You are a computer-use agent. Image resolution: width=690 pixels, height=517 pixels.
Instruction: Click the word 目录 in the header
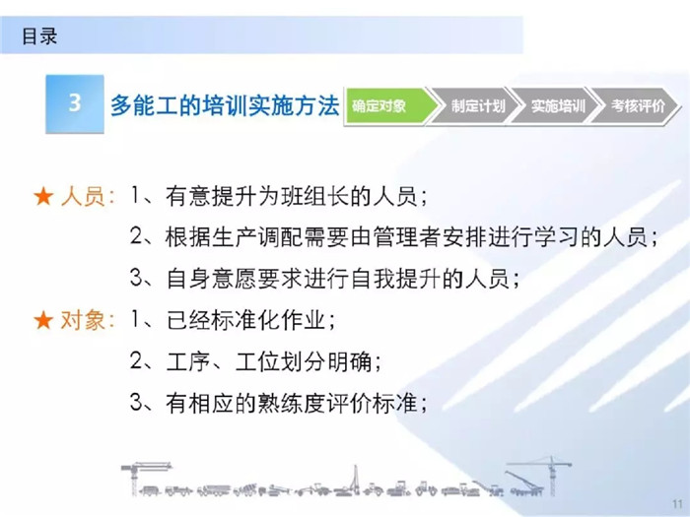click(x=39, y=36)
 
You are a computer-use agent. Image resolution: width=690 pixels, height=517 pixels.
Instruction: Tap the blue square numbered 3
click(x=75, y=103)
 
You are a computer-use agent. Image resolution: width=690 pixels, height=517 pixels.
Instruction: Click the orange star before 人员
click(x=43, y=196)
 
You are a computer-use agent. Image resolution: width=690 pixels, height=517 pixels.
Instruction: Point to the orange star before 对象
click(x=43, y=320)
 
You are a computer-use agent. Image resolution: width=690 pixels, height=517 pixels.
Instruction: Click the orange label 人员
click(x=83, y=196)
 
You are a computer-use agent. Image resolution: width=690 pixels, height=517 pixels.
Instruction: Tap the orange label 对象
click(x=83, y=320)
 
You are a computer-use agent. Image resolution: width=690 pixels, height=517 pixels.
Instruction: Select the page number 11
click(x=677, y=503)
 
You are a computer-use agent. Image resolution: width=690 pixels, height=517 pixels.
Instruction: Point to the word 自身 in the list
click(x=188, y=279)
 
